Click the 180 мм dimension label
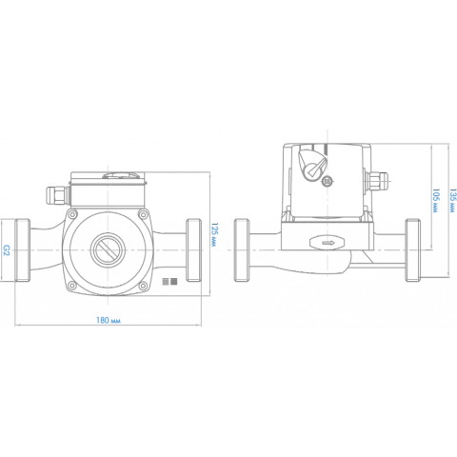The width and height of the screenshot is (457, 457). tap(109, 320)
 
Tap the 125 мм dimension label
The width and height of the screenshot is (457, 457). tap(215, 235)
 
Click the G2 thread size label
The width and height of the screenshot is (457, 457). tap(7, 249)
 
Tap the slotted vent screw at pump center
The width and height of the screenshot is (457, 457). tap(108, 249)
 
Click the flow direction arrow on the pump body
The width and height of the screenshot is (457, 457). tap(328, 243)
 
